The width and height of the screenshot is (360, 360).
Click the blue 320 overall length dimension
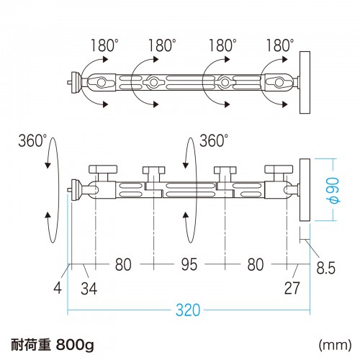coord(187,312)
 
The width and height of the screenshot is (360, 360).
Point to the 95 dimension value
coord(188,265)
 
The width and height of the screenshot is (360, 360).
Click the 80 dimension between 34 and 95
coord(123,265)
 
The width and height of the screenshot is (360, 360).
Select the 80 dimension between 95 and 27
coord(255,265)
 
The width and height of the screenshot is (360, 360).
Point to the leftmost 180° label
coord(104,45)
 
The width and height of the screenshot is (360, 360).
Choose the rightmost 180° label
coord(280,45)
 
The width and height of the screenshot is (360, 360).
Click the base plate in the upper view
coord(303,81)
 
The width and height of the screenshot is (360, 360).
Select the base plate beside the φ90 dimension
coord(303,189)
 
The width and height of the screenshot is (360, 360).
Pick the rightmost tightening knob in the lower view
coord(277,172)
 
